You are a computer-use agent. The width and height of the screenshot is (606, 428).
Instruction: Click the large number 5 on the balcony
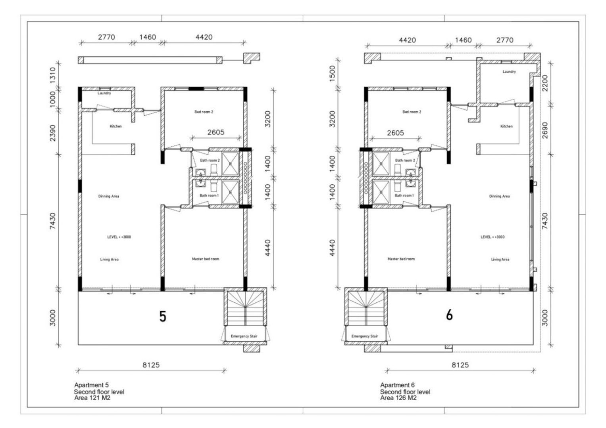tap(162, 316)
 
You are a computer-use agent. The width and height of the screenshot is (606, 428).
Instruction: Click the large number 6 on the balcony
tap(449, 315)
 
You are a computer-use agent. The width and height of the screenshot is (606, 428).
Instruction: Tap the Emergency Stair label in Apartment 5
tap(244, 336)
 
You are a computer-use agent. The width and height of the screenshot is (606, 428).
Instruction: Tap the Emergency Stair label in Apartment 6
tap(365, 336)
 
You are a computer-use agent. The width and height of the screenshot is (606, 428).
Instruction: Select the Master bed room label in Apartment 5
tap(206, 259)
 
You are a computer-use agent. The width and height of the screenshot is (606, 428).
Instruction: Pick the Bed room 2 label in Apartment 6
tap(412, 112)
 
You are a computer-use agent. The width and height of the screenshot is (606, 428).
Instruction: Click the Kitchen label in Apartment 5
tap(115, 126)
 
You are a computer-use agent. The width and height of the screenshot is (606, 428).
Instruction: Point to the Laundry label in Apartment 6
tap(509, 72)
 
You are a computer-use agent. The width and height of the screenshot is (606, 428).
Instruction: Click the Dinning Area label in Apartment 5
tap(109, 196)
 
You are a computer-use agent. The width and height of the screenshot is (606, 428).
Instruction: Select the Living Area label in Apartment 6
tap(500, 260)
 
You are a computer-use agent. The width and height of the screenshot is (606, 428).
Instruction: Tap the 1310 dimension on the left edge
tap(53, 74)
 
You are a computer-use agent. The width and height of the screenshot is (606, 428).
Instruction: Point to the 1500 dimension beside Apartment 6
tap(333, 73)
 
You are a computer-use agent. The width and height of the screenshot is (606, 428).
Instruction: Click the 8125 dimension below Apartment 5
tap(151, 365)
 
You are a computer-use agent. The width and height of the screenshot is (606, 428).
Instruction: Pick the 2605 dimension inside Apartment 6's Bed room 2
tap(395, 133)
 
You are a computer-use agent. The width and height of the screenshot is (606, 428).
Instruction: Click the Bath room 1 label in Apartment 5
tap(208, 196)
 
